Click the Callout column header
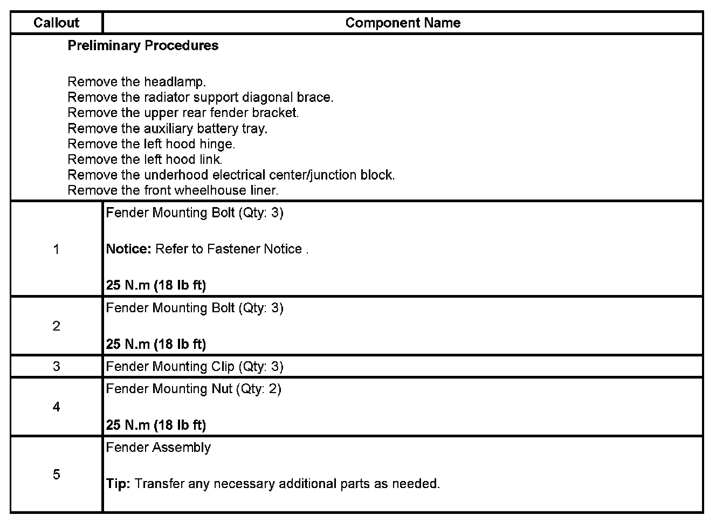pos(56,23)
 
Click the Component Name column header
pos(403,23)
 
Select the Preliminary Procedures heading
pos(143,45)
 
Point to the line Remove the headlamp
pos(136,82)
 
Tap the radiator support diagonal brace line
pos(200,98)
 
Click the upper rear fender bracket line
pos(183,113)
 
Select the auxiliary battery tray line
pos(167,128)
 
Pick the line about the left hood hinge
pos(151,144)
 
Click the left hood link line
pos(144,160)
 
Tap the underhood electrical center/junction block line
pos(231,175)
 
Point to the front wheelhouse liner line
pos(173,190)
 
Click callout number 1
pos(56,249)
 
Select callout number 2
pos(56,326)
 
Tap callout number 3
pos(56,367)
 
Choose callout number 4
pos(56,407)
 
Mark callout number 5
pos(56,475)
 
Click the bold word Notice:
pos(128,249)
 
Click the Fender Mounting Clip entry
pos(194,367)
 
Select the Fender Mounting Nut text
pos(193,389)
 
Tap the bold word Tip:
pos(118,484)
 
